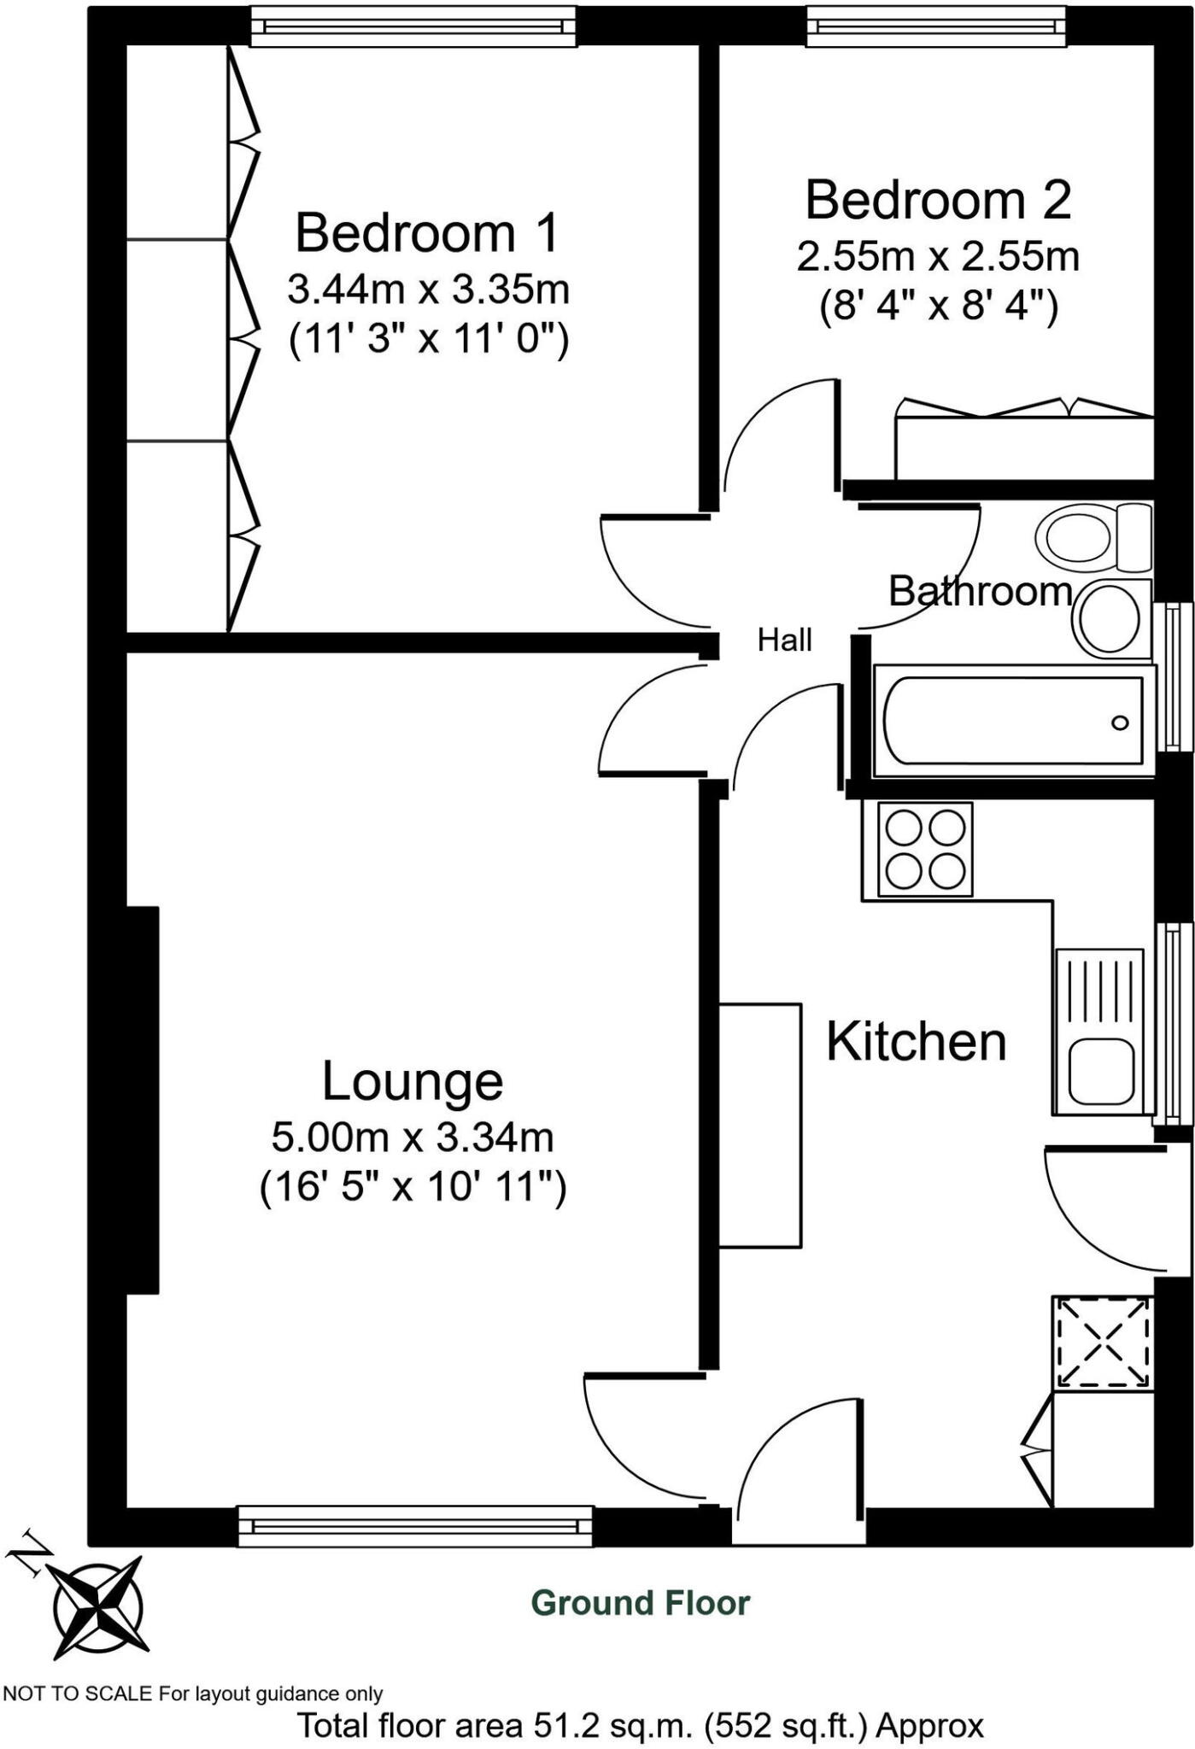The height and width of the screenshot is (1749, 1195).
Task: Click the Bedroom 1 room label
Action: click(427, 233)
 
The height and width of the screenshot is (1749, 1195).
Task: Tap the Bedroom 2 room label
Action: click(938, 200)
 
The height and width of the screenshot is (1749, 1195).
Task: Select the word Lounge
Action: click(413, 1081)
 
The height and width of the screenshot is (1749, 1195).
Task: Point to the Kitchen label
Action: click(917, 1042)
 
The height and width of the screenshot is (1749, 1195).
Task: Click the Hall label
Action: click(784, 640)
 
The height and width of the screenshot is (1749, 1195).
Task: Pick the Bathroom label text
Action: click(980, 591)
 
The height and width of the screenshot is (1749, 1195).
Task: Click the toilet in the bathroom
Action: click(1092, 536)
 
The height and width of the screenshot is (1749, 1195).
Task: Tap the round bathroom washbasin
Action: click(1109, 618)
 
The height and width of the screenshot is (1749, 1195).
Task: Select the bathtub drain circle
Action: click(1120, 722)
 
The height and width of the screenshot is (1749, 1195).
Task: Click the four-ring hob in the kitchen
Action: click(926, 850)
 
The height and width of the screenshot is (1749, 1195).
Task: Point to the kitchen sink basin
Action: click(1102, 1071)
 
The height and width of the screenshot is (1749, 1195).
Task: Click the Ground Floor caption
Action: click(640, 1603)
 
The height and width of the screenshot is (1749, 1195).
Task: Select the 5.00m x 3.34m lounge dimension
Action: click(413, 1138)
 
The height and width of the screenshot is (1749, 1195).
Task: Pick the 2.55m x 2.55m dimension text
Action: click(938, 256)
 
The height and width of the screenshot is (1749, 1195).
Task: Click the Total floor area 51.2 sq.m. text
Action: click(640, 1726)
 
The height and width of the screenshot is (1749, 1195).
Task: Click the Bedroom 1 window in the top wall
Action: click(413, 28)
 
